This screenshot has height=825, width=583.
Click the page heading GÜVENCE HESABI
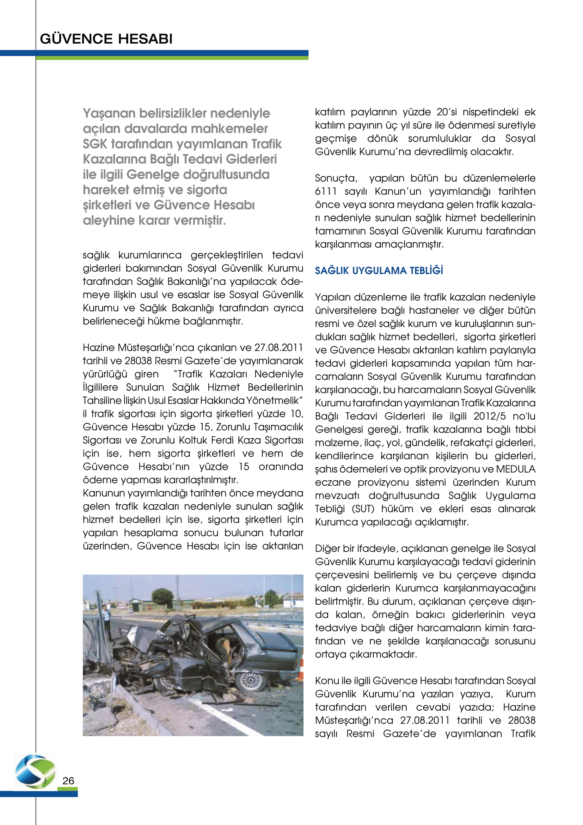106,39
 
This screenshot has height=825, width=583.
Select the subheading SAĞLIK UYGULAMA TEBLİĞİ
379,271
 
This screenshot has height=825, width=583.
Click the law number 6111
326,192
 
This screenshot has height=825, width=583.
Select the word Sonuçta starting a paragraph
336,178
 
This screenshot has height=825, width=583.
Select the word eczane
333,482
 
